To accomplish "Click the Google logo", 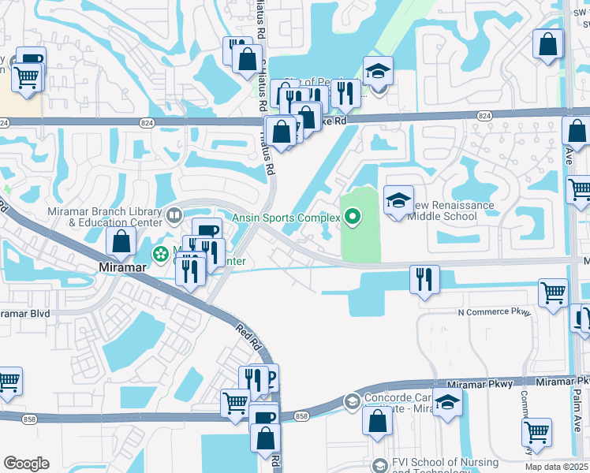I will pyautogui.click(x=26, y=464).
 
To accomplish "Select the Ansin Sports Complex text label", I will pyautogui.click(x=286, y=218).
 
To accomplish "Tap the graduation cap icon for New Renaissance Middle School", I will pyautogui.click(x=398, y=199).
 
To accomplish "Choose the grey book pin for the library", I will pyautogui.click(x=174, y=214).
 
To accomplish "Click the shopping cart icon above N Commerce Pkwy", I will pyautogui.click(x=553, y=292).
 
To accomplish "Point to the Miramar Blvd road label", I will pyautogui.click(x=25, y=313).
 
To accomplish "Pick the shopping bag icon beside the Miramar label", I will pyautogui.click(x=122, y=242).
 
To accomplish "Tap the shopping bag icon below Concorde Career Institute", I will pyautogui.click(x=378, y=420).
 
